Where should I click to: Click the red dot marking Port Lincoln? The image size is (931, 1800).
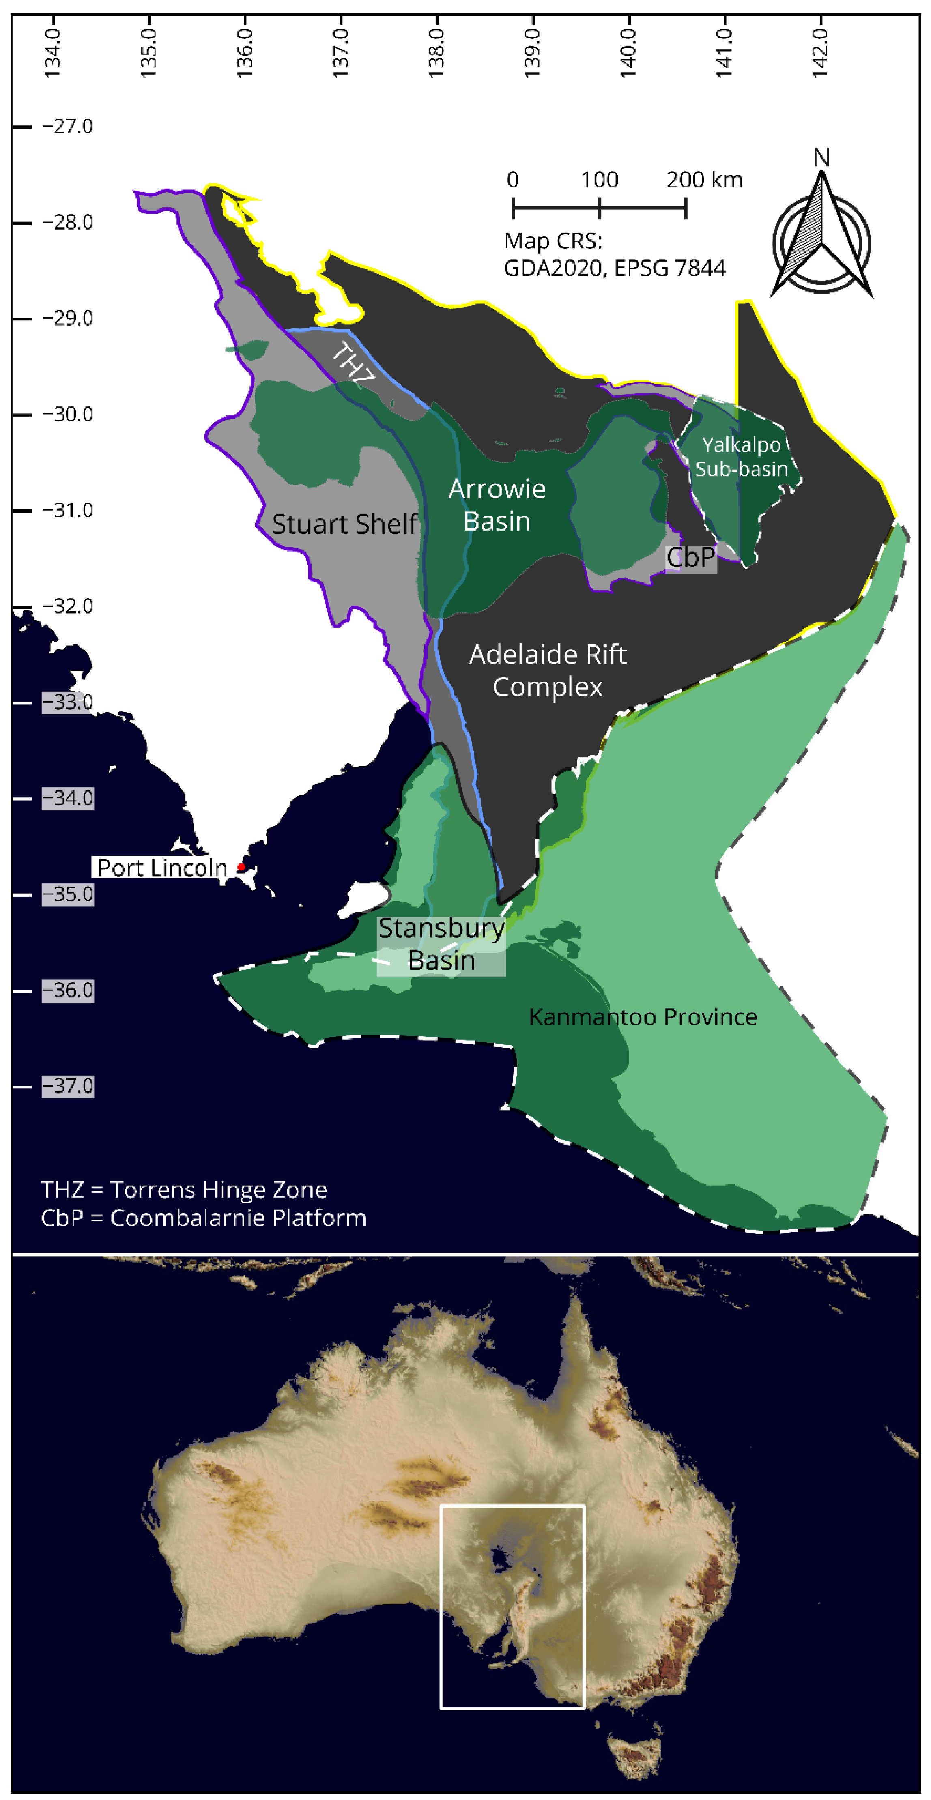tap(241, 867)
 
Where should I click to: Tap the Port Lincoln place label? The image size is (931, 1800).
tap(162, 868)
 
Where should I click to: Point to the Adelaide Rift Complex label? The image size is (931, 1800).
tap(547, 671)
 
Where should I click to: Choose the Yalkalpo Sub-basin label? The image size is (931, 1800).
tap(742, 457)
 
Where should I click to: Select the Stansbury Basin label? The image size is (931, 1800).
tap(442, 944)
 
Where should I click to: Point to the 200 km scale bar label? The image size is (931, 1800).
tap(704, 180)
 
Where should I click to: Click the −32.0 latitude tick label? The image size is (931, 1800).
tap(68, 606)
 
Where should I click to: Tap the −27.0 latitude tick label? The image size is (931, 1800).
tap(68, 127)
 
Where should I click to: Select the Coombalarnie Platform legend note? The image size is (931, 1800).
tap(203, 1218)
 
